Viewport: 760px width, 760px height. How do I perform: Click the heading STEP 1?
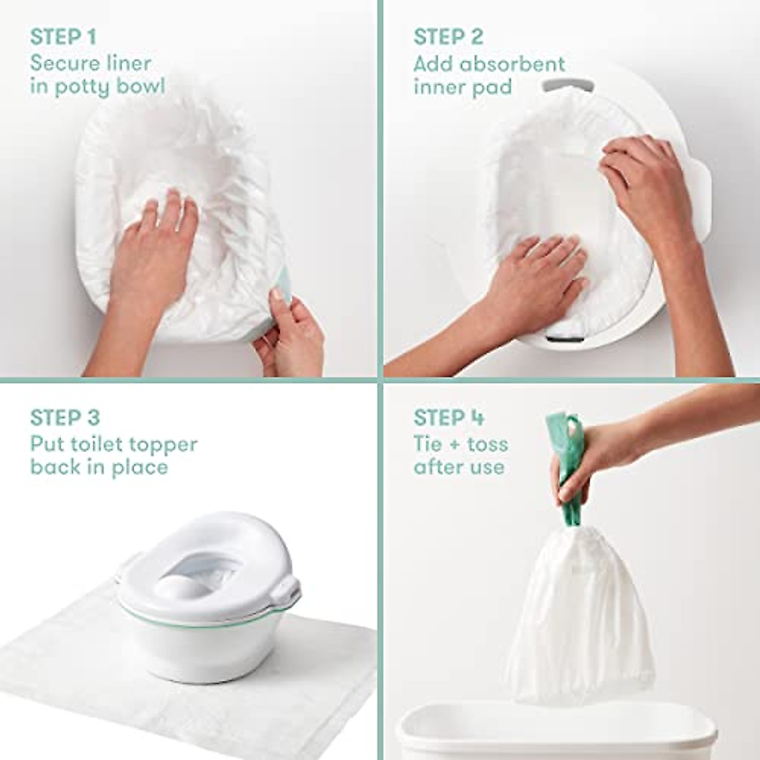click(63, 37)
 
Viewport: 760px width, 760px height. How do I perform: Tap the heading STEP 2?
click(448, 37)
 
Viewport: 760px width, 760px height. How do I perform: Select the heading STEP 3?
click(65, 418)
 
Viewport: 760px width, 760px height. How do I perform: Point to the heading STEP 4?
click(448, 418)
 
